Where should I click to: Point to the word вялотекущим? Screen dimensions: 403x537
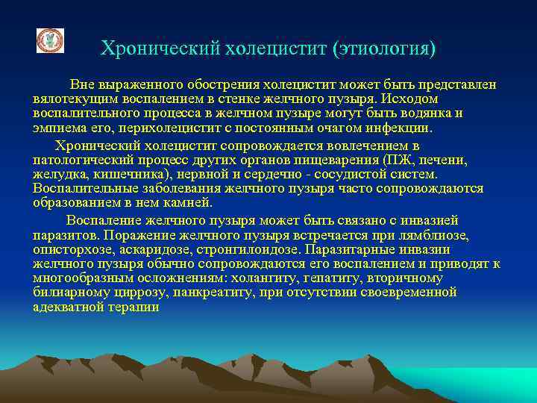(x=72, y=99)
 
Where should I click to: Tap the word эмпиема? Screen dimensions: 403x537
(x=60, y=128)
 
